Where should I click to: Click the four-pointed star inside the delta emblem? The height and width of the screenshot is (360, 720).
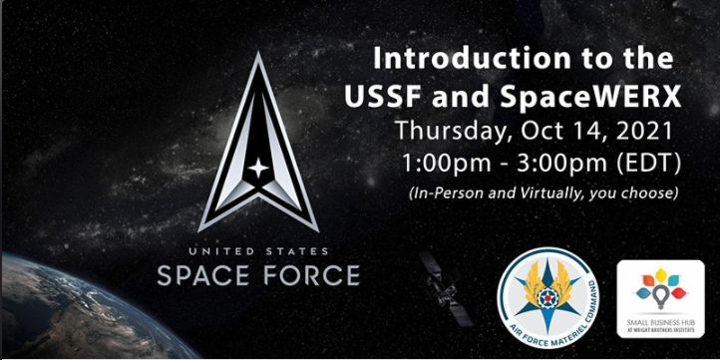click(x=257, y=169)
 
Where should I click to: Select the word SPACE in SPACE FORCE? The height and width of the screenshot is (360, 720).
click(x=204, y=274)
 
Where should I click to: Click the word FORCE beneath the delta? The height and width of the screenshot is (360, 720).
click(x=311, y=274)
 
